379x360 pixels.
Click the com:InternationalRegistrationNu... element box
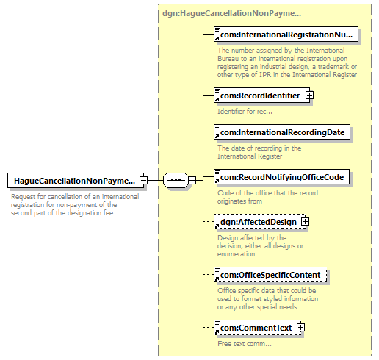286,35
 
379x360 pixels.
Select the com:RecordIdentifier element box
261,96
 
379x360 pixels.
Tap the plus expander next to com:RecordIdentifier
309,96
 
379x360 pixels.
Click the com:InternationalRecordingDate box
282,132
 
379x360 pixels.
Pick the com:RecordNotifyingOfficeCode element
281,177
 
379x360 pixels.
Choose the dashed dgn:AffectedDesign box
259,222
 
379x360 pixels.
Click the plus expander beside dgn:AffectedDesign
305,222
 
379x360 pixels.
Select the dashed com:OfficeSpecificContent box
270,275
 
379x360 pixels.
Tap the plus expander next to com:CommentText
300,328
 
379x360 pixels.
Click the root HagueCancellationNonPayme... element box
76,181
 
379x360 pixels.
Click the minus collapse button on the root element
144,181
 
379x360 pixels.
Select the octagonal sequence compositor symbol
176,181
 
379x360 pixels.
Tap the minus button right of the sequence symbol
192,181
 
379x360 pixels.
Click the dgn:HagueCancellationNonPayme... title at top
231,13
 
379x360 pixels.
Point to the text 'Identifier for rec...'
245,112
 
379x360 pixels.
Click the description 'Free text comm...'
245,344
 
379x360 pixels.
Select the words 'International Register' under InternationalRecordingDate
250,156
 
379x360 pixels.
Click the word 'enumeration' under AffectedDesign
237,254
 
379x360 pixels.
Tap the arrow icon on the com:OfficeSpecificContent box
217,278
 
